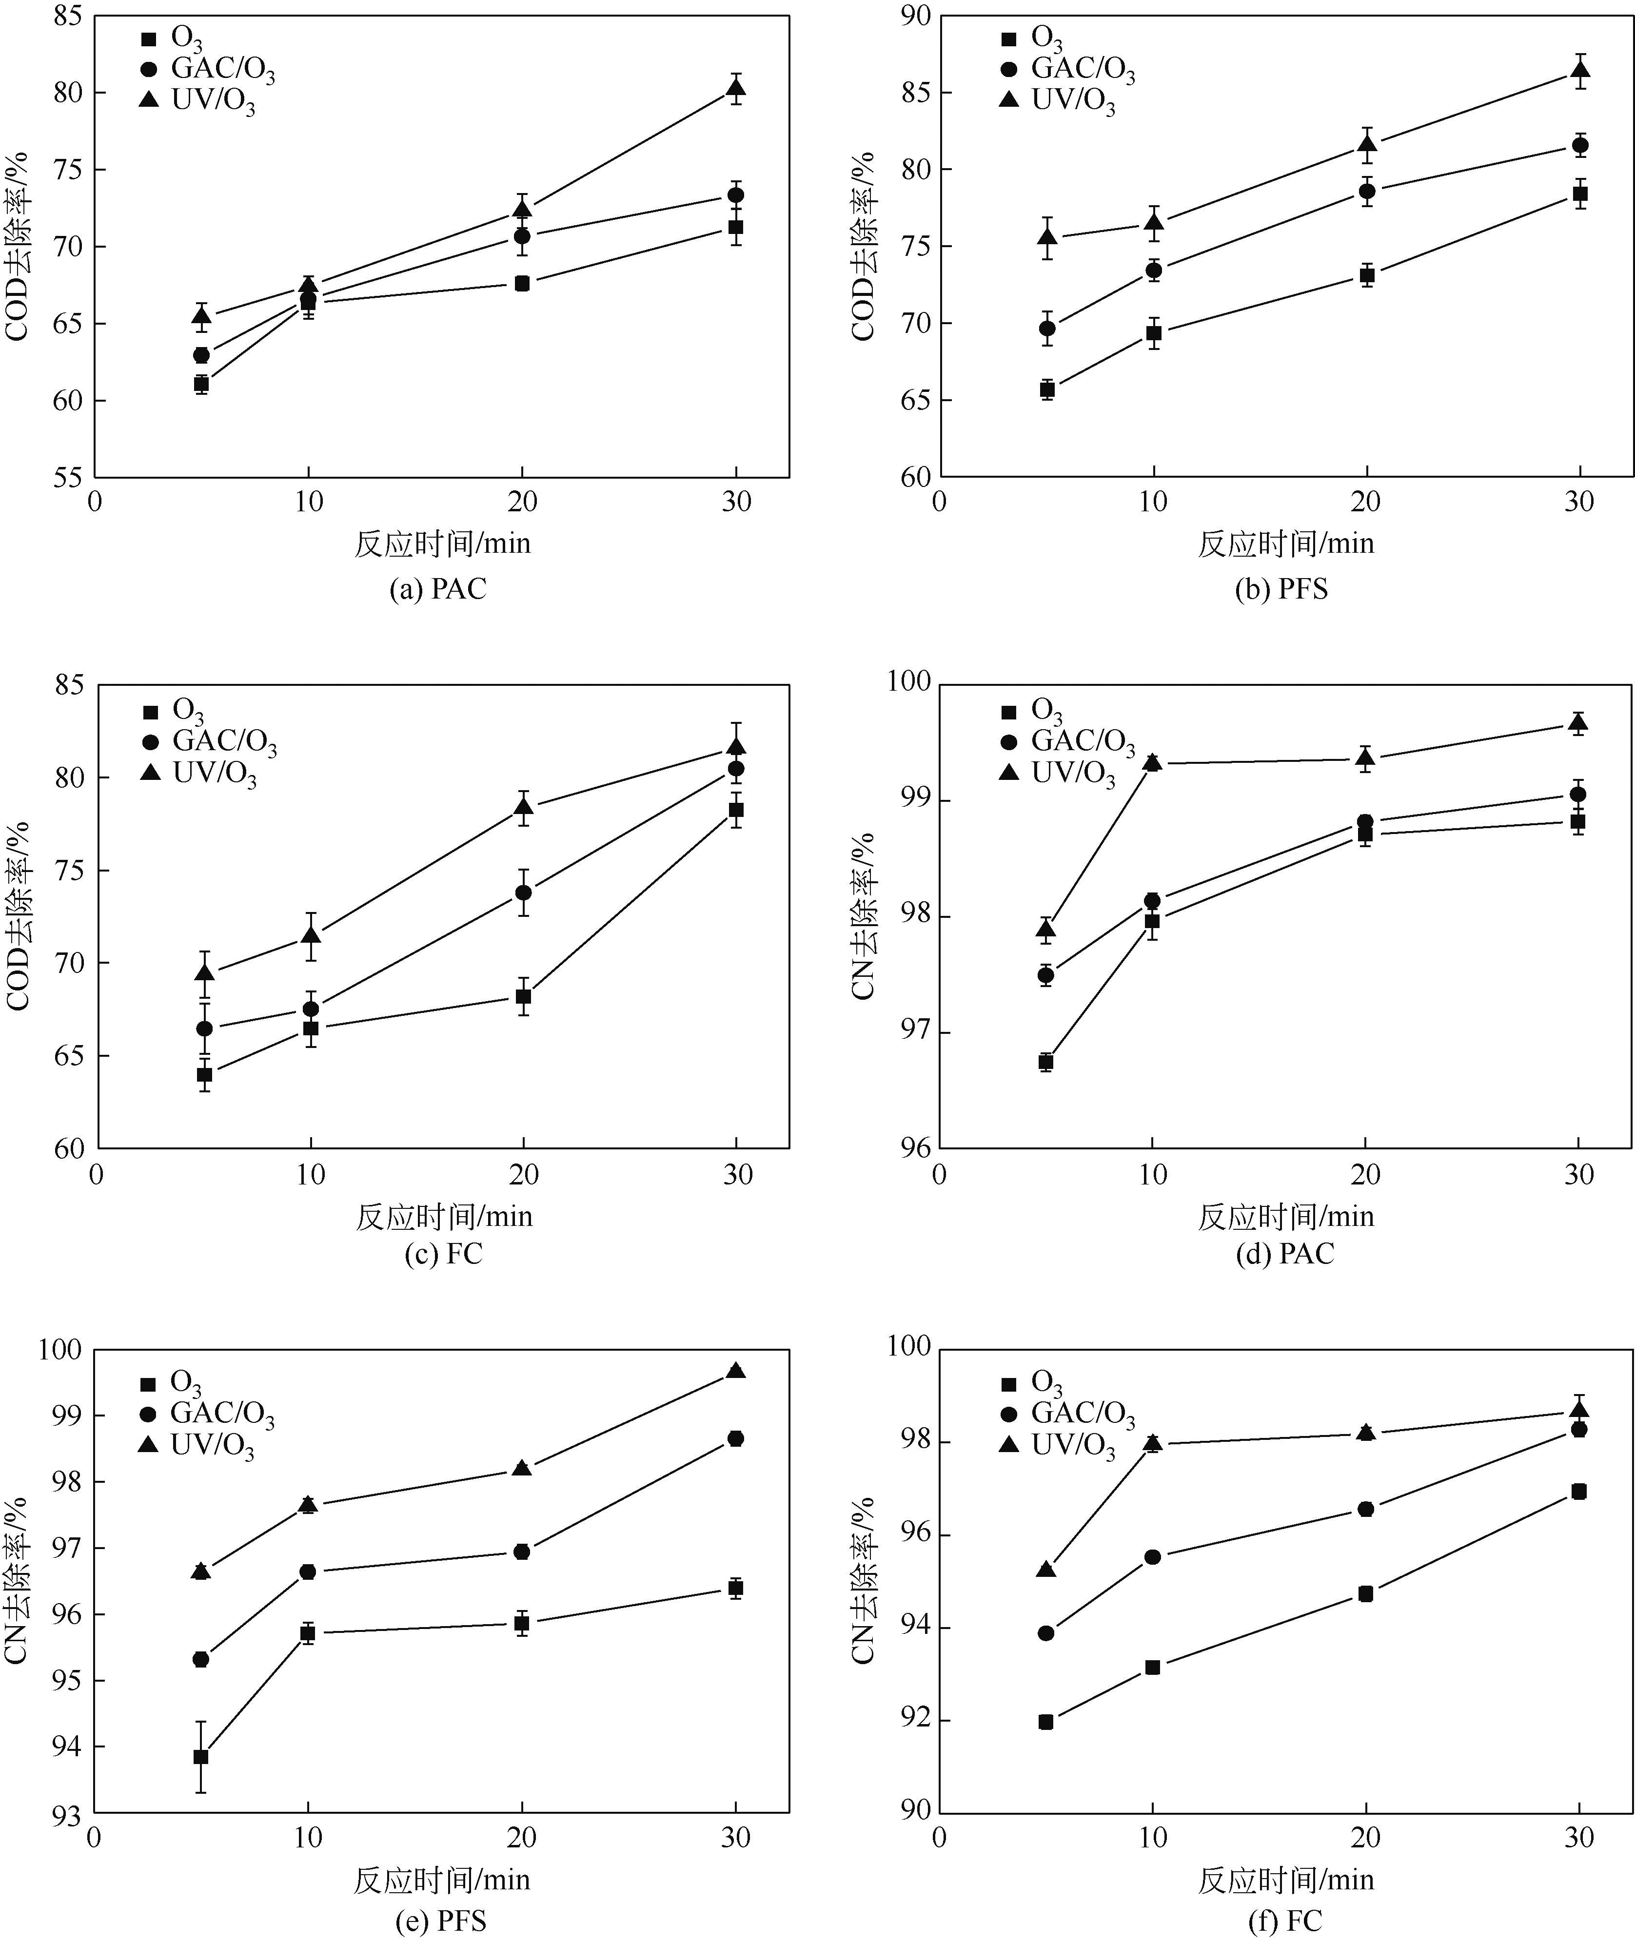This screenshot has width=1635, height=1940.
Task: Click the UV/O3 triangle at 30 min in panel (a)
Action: point(736,89)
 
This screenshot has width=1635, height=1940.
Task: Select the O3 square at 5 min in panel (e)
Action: point(200,1757)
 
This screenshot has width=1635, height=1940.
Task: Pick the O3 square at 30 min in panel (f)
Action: point(1578,1492)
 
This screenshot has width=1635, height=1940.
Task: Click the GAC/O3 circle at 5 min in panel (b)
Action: point(1047,328)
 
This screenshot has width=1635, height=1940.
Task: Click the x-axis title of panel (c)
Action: point(444,1217)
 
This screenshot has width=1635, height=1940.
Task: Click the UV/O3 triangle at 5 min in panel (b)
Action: point(1047,237)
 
